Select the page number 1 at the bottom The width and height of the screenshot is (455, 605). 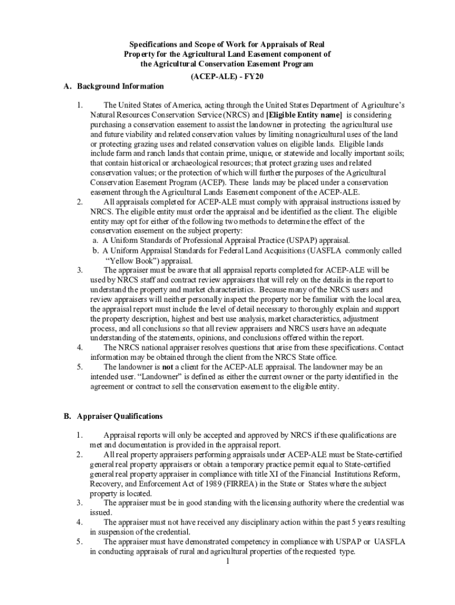227,561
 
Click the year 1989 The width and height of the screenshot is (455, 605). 208,484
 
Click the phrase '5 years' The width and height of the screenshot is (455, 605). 353,522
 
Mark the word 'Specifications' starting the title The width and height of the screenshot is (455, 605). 153,44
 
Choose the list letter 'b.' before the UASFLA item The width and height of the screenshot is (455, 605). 95,250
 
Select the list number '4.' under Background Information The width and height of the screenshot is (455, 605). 79,347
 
